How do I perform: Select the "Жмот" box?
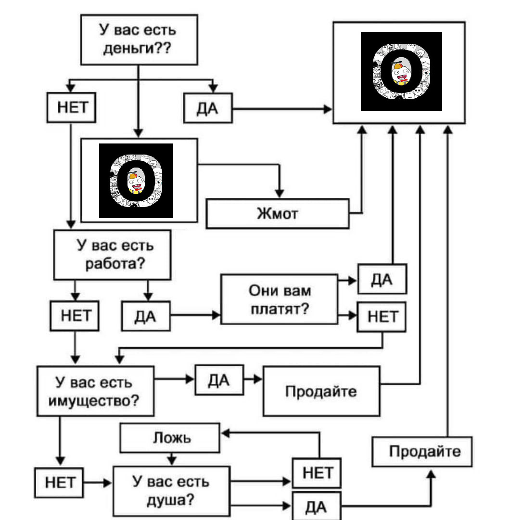click(278, 213)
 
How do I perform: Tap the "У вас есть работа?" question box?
click(112, 255)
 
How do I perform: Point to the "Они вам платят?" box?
click(280, 299)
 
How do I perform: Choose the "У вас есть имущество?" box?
click(95, 391)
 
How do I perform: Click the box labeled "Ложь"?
click(170, 438)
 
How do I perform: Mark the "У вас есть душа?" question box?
click(171, 491)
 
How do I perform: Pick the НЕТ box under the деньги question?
click(71, 107)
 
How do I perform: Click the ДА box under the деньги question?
click(208, 108)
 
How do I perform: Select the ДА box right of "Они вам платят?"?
click(382, 279)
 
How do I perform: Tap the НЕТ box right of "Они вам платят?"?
click(382, 317)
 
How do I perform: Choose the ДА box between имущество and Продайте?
click(219, 380)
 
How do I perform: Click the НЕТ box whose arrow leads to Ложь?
click(317, 473)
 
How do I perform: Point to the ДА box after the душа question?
click(316, 506)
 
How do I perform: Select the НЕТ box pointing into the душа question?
click(60, 482)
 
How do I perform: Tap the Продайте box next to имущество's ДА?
click(321, 391)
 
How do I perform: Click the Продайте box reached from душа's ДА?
click(422, 451)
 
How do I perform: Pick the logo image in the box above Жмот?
click(136, 181)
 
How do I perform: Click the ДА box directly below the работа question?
click(146, 316)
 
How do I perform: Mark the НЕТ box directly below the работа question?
click(75, 316)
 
